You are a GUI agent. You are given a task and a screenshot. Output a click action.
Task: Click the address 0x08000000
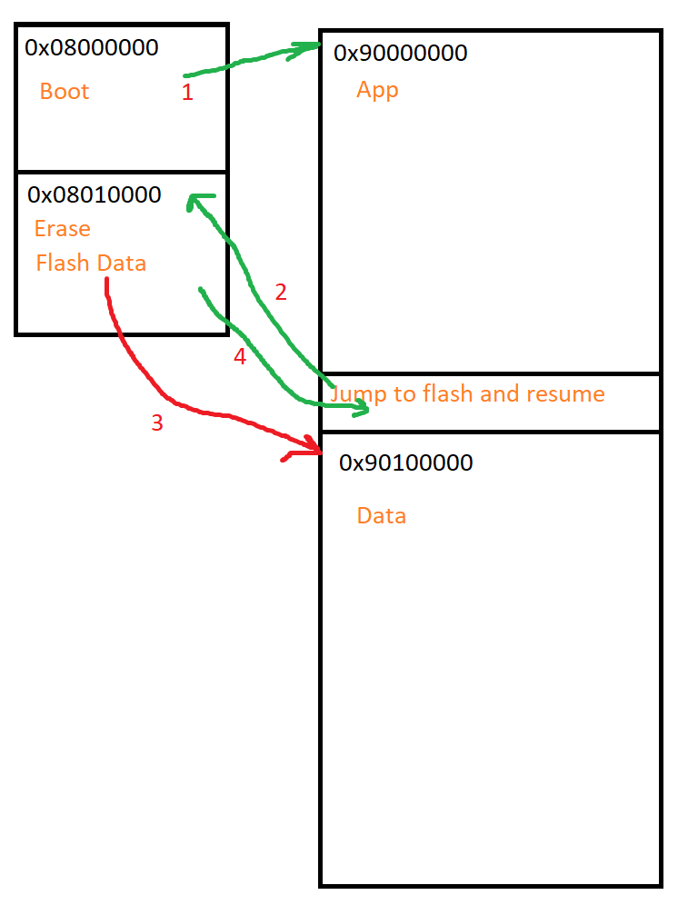click(x=91, y=47)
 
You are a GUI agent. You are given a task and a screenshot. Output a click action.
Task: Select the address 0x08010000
click(x=95, y=194)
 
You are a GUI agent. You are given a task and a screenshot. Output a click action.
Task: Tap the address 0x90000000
click(x=401, y=53)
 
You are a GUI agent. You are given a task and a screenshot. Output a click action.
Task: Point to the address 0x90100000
click(x=405, y=462)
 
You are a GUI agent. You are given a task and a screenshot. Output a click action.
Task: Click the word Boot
click(x=65, y=92)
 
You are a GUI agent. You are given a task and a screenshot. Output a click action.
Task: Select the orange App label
click(x=377, y=90)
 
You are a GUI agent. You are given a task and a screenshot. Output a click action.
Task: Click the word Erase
click(x=63, y=228)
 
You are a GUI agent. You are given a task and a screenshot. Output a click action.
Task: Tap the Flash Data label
click(x=91, y=264)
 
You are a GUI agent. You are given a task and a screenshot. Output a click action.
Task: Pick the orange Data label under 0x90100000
click(x=381, y=516)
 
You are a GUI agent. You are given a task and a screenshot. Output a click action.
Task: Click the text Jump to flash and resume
click(x=467, y=393)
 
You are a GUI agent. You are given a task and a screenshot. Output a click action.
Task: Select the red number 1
click(x=187, y=93)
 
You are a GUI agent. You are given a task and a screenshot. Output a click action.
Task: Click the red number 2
click(x=281, y=292)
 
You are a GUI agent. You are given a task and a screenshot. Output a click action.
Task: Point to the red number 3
click(x=157, y=423)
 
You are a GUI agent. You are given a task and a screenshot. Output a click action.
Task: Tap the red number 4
click(x=240, y=357)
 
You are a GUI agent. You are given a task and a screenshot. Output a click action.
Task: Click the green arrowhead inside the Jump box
click(x=362, y=410)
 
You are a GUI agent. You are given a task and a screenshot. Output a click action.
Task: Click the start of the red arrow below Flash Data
click(x=107, y=282)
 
